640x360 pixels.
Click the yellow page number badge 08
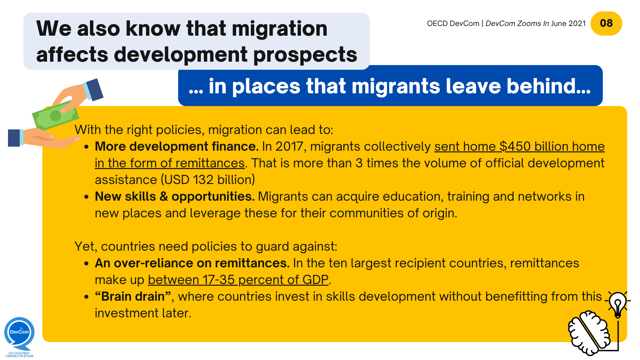(606, 23)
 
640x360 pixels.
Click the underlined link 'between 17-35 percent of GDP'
(238, 280)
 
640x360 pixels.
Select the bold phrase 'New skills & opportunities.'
(174, 196)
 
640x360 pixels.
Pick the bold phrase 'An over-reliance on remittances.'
(192, 263)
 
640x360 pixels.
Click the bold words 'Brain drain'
(133, 296)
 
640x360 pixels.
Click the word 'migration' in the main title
(279, 28)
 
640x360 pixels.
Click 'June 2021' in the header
(568, 23)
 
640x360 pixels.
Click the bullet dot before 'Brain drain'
(86, 297)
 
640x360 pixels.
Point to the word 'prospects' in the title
(305, 54)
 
